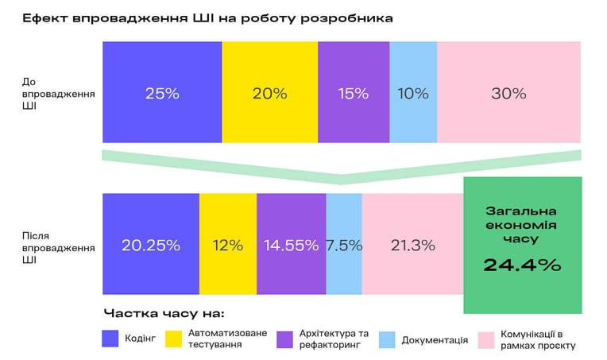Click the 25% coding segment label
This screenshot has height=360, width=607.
[162, 94]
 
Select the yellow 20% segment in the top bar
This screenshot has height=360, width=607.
[270, 92]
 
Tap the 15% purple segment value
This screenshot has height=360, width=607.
[354, 94]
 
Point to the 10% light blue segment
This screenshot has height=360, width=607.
[413, 92]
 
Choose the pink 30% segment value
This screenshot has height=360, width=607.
[508, 94]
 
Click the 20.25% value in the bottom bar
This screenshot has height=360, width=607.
[151, 246]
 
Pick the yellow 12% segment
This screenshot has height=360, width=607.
[228, 244]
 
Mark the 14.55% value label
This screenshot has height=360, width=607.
[291, 246]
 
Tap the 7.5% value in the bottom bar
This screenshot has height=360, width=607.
[344, 246]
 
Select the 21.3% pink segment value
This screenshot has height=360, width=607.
[412, 246]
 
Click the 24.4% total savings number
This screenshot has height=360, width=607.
[522, 265]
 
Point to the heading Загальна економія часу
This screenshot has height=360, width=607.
[521, 225]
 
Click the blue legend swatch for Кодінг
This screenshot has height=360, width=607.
[110, 339]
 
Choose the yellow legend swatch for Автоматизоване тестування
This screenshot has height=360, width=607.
[173, 339]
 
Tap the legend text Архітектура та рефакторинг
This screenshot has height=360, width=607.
[334, 339]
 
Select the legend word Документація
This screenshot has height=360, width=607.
[435, 340]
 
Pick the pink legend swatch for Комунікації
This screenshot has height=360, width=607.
[485, 340]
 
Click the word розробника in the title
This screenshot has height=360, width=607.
[346, 18]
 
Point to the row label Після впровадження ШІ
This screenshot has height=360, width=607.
[59, 248]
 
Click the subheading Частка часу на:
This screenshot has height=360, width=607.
[164, 313]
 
